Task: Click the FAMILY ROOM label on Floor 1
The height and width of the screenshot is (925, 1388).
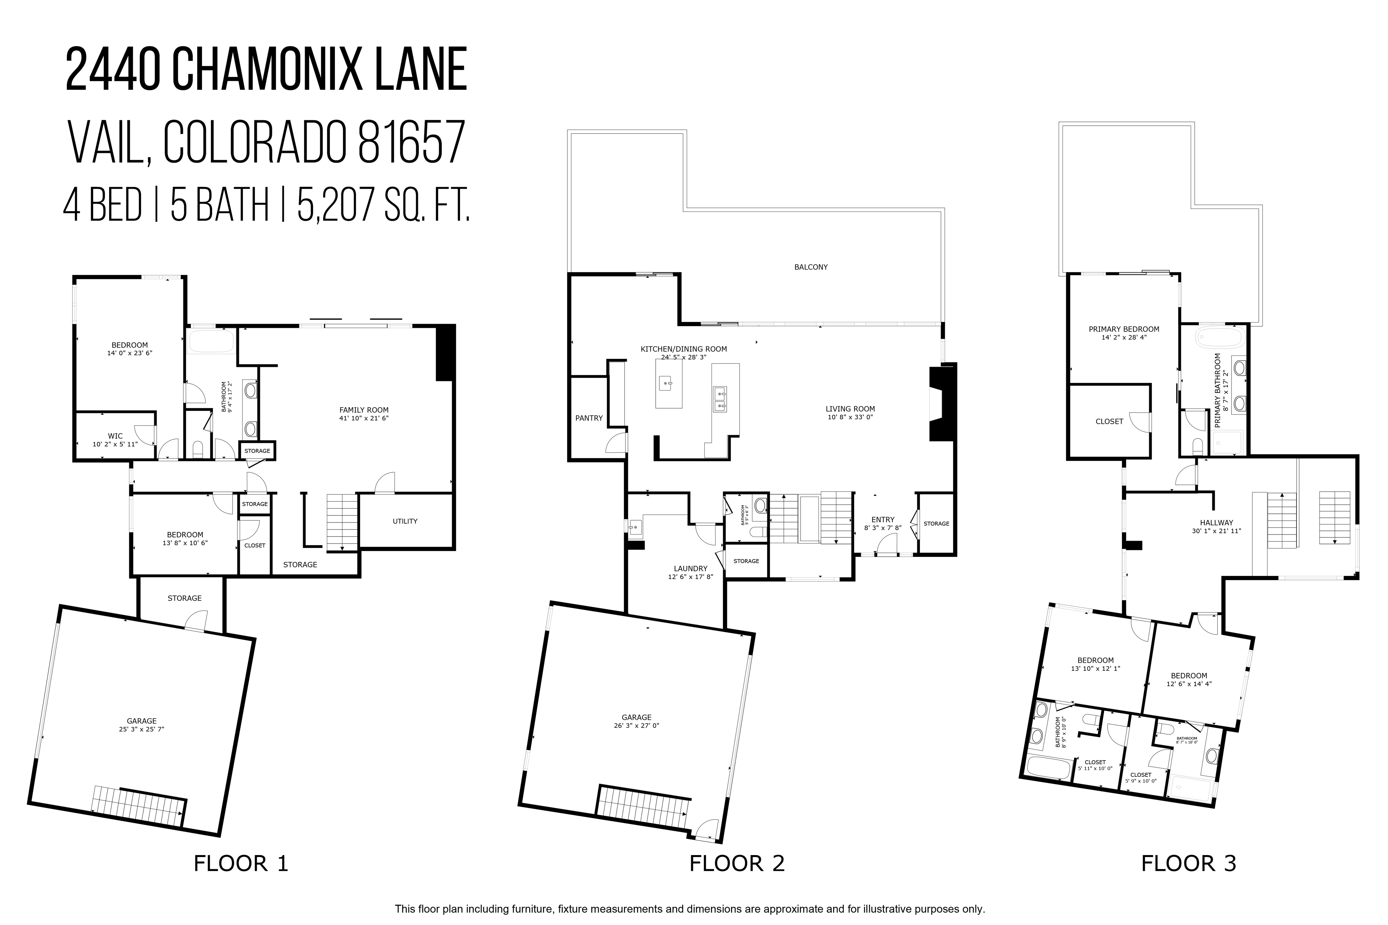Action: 364,410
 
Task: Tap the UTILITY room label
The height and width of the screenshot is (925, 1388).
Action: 405,521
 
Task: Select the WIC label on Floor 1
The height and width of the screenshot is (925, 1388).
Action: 115,436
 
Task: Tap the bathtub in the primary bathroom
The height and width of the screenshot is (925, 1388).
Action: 1219,339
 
